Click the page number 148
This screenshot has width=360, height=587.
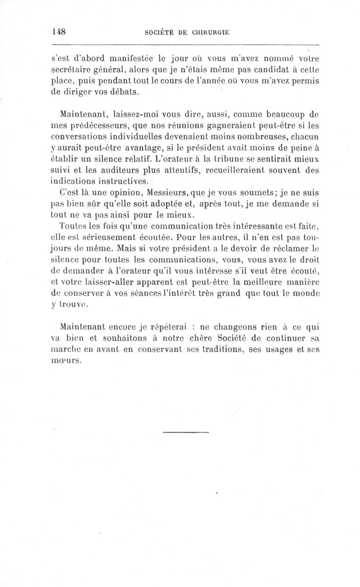click(x=59, y=32)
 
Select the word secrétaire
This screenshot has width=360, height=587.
click(x=72, y=70)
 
